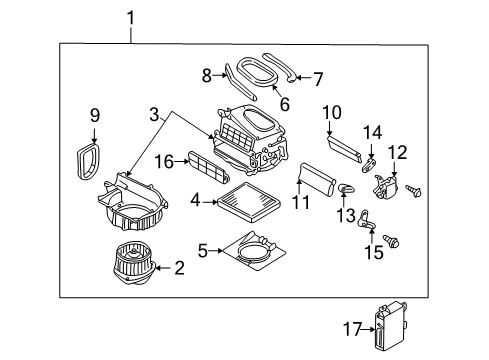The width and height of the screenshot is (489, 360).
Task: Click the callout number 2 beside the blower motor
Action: tap(179, 267)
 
